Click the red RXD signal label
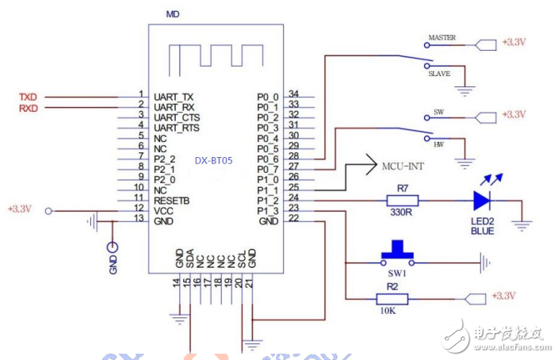tap(29, 107)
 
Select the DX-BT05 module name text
tap(214, 159)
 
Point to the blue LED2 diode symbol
tap(483, 199)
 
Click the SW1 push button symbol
tap(397, 253)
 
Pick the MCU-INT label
tap(404, 168)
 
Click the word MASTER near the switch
tap(441, 38)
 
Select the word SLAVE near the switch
tap(440, 73)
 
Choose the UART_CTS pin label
tap(177, 117)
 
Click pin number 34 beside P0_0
tap(293, 95)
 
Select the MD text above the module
tap(173, 14)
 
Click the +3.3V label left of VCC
tap(19, 209)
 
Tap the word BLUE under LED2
tap(482, 232)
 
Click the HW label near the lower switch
tap(438, 145)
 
